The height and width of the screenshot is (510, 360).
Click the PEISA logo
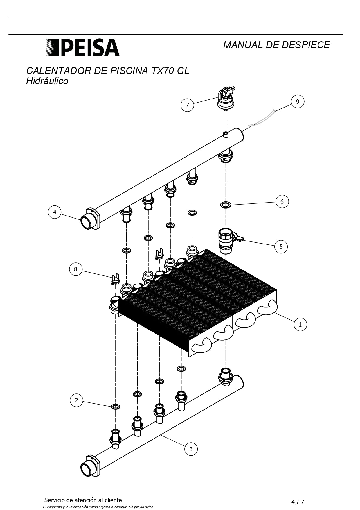tap(83, 47)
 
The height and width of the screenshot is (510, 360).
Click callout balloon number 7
tap(187, 105)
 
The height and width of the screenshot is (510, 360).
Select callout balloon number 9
tap(297, 101)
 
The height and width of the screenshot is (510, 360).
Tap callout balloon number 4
tap(55, 212)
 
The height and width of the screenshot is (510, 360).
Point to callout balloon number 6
tap(282, 201)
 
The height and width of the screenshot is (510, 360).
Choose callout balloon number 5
tap(281, 247)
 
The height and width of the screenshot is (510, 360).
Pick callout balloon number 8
tap(75, 269)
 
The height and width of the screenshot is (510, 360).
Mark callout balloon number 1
tap(300, 324)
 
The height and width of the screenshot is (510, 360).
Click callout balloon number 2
tap(76, 400)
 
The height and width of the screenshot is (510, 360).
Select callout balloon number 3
tap(191, 449)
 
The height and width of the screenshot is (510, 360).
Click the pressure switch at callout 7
tap(226, 99)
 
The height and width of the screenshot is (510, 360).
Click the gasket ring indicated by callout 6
tap(226, 205)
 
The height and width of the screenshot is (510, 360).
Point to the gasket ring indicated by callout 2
tap(116, 406)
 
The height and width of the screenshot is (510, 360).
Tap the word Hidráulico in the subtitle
tap(47, 81)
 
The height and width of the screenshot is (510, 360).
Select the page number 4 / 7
tap(298, 502)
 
